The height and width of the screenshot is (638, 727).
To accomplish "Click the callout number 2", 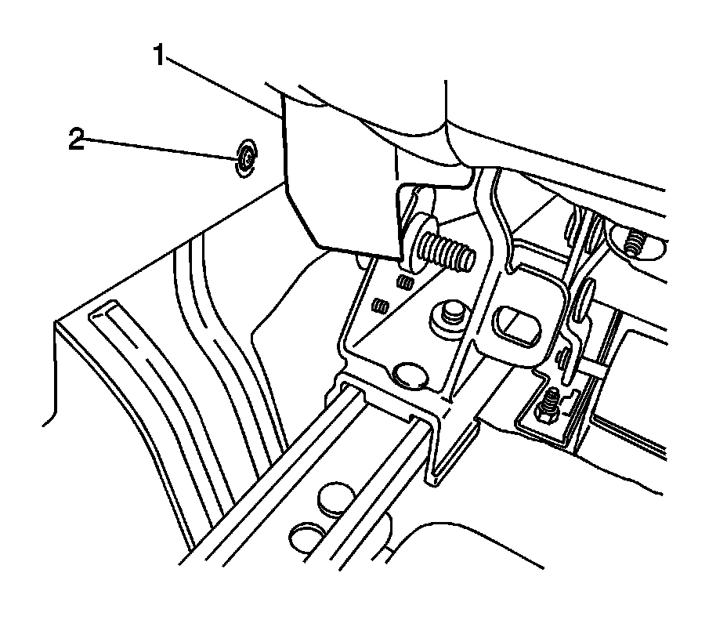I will [76, 142].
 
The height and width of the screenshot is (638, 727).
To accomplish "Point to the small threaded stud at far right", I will [635, 245].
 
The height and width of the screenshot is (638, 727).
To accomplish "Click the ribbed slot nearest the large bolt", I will [405, 281].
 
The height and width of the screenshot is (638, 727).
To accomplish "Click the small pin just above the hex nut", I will [563, 360].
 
